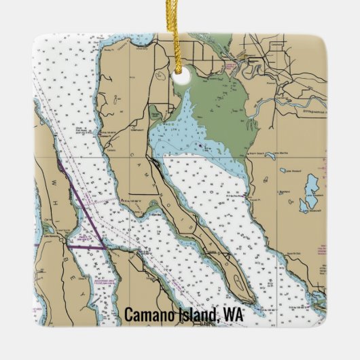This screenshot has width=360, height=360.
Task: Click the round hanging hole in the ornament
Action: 180,77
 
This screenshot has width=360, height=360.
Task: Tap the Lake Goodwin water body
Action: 311,185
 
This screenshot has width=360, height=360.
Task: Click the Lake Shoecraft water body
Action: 306,204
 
